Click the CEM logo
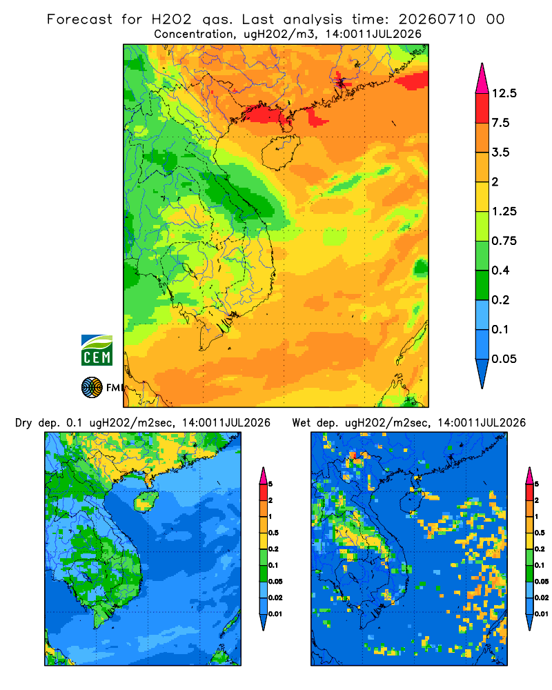(97, 351)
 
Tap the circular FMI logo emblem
(92, 387)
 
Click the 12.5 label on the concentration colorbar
(504, 93)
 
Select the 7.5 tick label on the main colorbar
(500, 123)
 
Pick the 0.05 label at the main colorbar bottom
(504, 359)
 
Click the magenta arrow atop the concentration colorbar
(482, 79)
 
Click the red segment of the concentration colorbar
(482, 108)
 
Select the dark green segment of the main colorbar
(482, 285)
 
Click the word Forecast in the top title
(79, 19)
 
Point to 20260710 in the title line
(437, 19)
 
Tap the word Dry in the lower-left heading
(23, 423)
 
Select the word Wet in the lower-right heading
(302, 423)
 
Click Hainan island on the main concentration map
(280, 152)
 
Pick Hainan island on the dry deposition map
(146, 502)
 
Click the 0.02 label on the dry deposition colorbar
(275, 598)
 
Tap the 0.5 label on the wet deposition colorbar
(540, 533)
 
